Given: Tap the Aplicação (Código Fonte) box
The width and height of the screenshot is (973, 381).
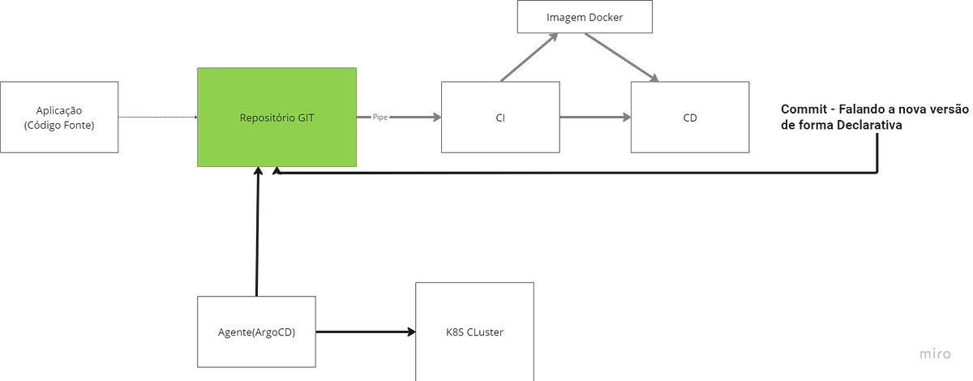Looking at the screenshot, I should [59, 117].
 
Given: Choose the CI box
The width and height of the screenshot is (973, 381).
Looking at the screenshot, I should [499, 117].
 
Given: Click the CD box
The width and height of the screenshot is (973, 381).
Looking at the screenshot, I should [690, 117].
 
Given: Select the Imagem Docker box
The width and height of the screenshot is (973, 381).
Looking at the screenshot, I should [585, 17].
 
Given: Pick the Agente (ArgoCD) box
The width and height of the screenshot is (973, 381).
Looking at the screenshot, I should [256, 332].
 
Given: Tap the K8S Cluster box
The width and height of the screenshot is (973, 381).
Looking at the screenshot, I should [474, 332].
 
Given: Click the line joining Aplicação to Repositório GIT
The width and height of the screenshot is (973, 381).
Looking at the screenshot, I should [158, 118].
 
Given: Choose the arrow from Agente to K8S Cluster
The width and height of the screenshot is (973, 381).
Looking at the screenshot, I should [365, 332].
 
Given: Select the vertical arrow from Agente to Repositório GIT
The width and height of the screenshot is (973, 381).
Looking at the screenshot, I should [256, 235].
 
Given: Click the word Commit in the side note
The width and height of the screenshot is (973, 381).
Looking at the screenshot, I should [799, 109].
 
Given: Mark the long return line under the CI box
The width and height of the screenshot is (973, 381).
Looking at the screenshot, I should [568, 173].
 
